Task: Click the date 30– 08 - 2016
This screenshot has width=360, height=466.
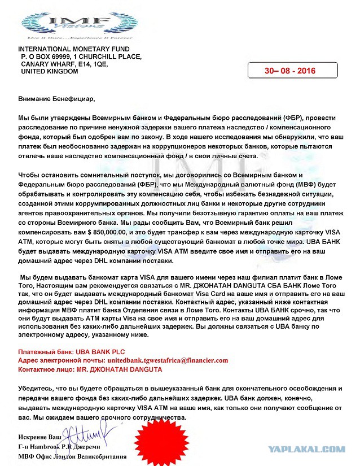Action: (291, 72)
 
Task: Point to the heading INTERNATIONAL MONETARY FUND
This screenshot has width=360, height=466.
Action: (74, 50)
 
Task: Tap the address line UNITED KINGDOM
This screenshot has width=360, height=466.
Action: (50, 72)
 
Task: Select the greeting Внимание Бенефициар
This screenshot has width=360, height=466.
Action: (57, 99)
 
